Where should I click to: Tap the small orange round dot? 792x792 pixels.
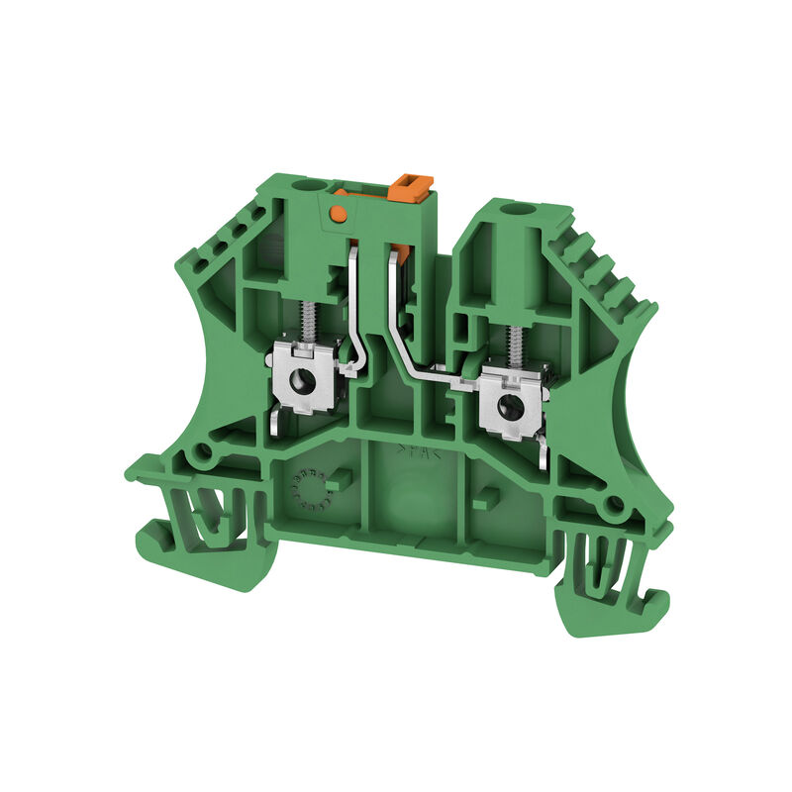[x=338, y=213]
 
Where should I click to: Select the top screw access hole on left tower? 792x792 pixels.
[x=320, y=184]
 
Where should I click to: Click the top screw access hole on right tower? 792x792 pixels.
[x=513, y=210]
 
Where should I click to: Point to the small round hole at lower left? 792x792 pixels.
[x=205, y=454]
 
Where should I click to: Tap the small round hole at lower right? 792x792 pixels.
[x=616, y=507]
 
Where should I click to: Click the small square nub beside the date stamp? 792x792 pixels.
[x=340, y=482]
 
